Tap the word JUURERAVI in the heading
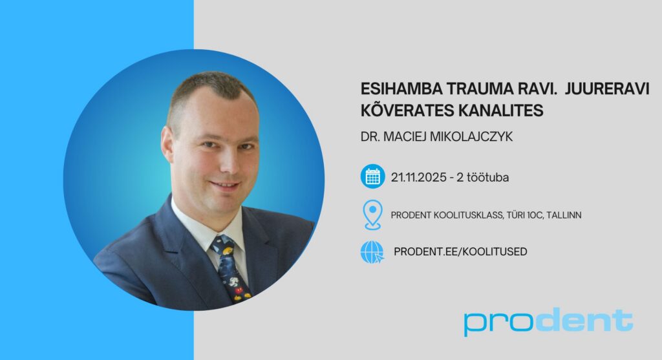606,89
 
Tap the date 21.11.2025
418,177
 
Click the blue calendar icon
372,176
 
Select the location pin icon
372,215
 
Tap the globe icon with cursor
372,252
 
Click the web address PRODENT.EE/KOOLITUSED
460,251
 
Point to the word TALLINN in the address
564,215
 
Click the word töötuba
487,177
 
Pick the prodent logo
548,322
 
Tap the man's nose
230,162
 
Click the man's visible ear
167,143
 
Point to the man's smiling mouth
226,185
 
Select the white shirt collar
207,226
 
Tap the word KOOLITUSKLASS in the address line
468,215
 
